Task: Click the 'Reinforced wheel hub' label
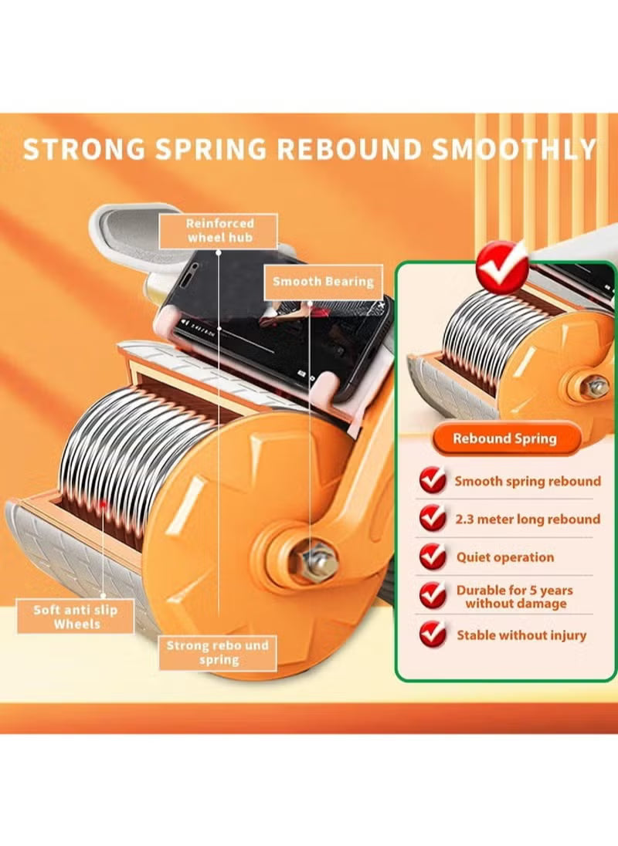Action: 219,230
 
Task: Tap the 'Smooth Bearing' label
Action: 322,282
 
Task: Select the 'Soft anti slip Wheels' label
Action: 76,617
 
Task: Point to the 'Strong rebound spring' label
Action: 218,652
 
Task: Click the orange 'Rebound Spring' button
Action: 504,438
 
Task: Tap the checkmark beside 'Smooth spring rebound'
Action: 433,481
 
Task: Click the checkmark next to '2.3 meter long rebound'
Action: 433,519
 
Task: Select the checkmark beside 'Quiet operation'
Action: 433,557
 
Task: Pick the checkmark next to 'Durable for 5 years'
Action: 433,595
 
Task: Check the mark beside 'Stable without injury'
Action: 433,634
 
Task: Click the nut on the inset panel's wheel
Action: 594,386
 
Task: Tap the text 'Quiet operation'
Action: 504,557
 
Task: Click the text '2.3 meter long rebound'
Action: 527,519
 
